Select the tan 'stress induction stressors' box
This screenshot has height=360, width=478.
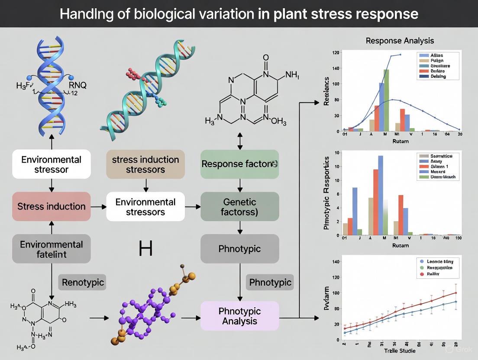(x=145, y=164)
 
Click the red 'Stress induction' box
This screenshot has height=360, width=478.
(x=52, y=206)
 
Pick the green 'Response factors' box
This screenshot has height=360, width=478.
(x=239, y=164)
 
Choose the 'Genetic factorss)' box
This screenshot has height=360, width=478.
(x=239, y=207)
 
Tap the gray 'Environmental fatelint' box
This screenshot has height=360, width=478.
(x=52, y=249)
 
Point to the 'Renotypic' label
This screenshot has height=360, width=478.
(x=83, y=283)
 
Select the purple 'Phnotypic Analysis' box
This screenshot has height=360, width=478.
(x=239, y=316)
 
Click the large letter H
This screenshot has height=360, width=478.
(x=145, y=248)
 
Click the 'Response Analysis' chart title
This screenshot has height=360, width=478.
(x=400, y=41)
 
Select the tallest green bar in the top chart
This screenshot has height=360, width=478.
(x=386, y=100)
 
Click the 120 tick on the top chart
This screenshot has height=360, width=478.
(x=335, y=53)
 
